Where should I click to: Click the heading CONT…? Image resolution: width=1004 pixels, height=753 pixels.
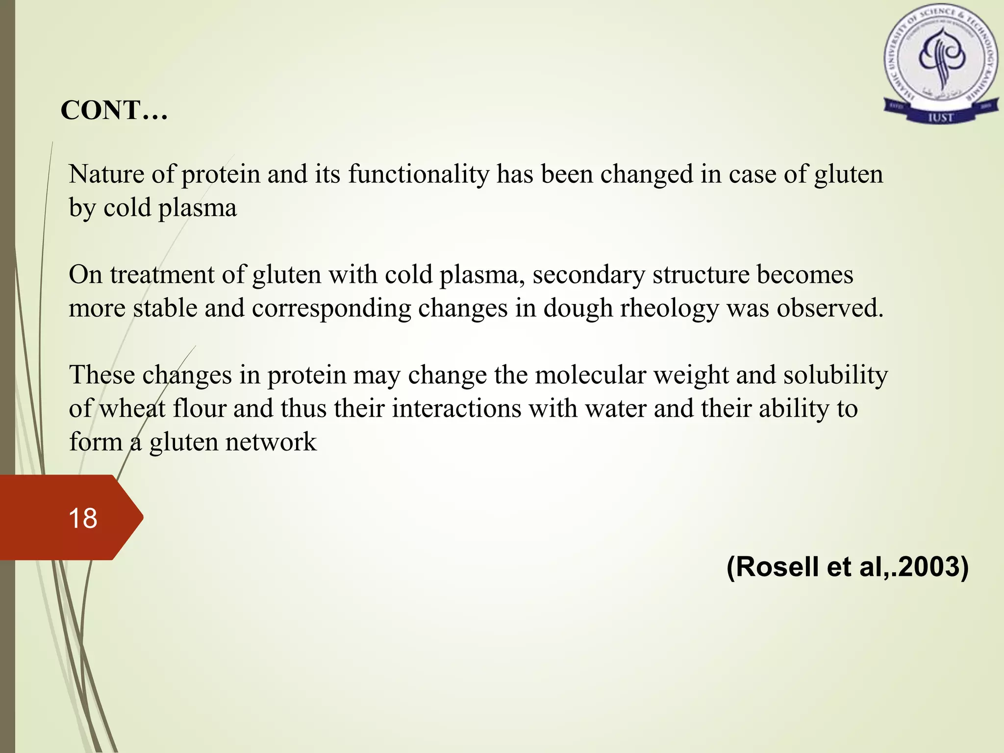114,110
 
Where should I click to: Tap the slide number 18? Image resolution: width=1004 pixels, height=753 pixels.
83,518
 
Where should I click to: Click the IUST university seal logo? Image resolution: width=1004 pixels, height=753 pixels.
941,67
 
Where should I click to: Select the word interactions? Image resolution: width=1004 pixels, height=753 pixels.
456,409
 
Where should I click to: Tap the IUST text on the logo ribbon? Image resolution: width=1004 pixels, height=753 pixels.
940,117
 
